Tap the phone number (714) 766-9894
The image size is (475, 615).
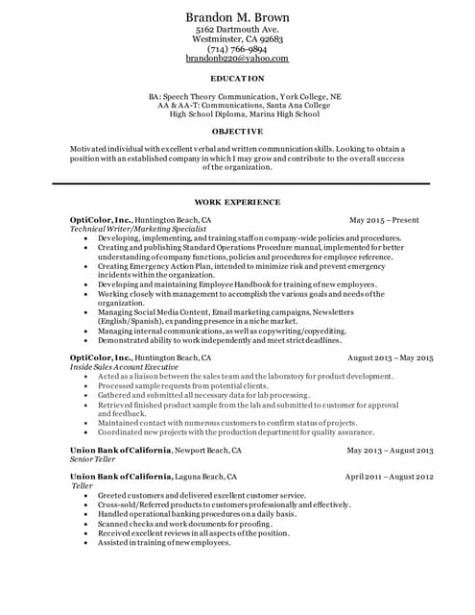point(237,49)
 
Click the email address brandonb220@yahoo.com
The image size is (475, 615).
point(237,59)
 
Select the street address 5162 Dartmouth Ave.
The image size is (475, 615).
point(237,30)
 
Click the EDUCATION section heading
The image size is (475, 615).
point(237,78)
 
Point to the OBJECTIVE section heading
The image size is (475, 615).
point(237,131)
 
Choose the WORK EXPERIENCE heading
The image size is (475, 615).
point(237,203)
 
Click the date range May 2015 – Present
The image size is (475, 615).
point(384,220)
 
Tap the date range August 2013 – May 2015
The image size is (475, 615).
point(390,357)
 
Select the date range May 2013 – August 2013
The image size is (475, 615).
point(390,450)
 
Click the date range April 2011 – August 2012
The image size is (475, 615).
point(389,477)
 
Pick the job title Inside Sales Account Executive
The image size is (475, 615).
point(125,367)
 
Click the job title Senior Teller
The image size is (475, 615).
point(93,459)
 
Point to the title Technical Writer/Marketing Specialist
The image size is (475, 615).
point(140,229)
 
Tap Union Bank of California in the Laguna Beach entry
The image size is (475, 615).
point(121,477)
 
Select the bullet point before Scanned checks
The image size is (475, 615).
point(86,524)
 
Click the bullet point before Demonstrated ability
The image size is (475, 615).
point(86,339)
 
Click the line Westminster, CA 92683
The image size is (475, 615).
point(237,39)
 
